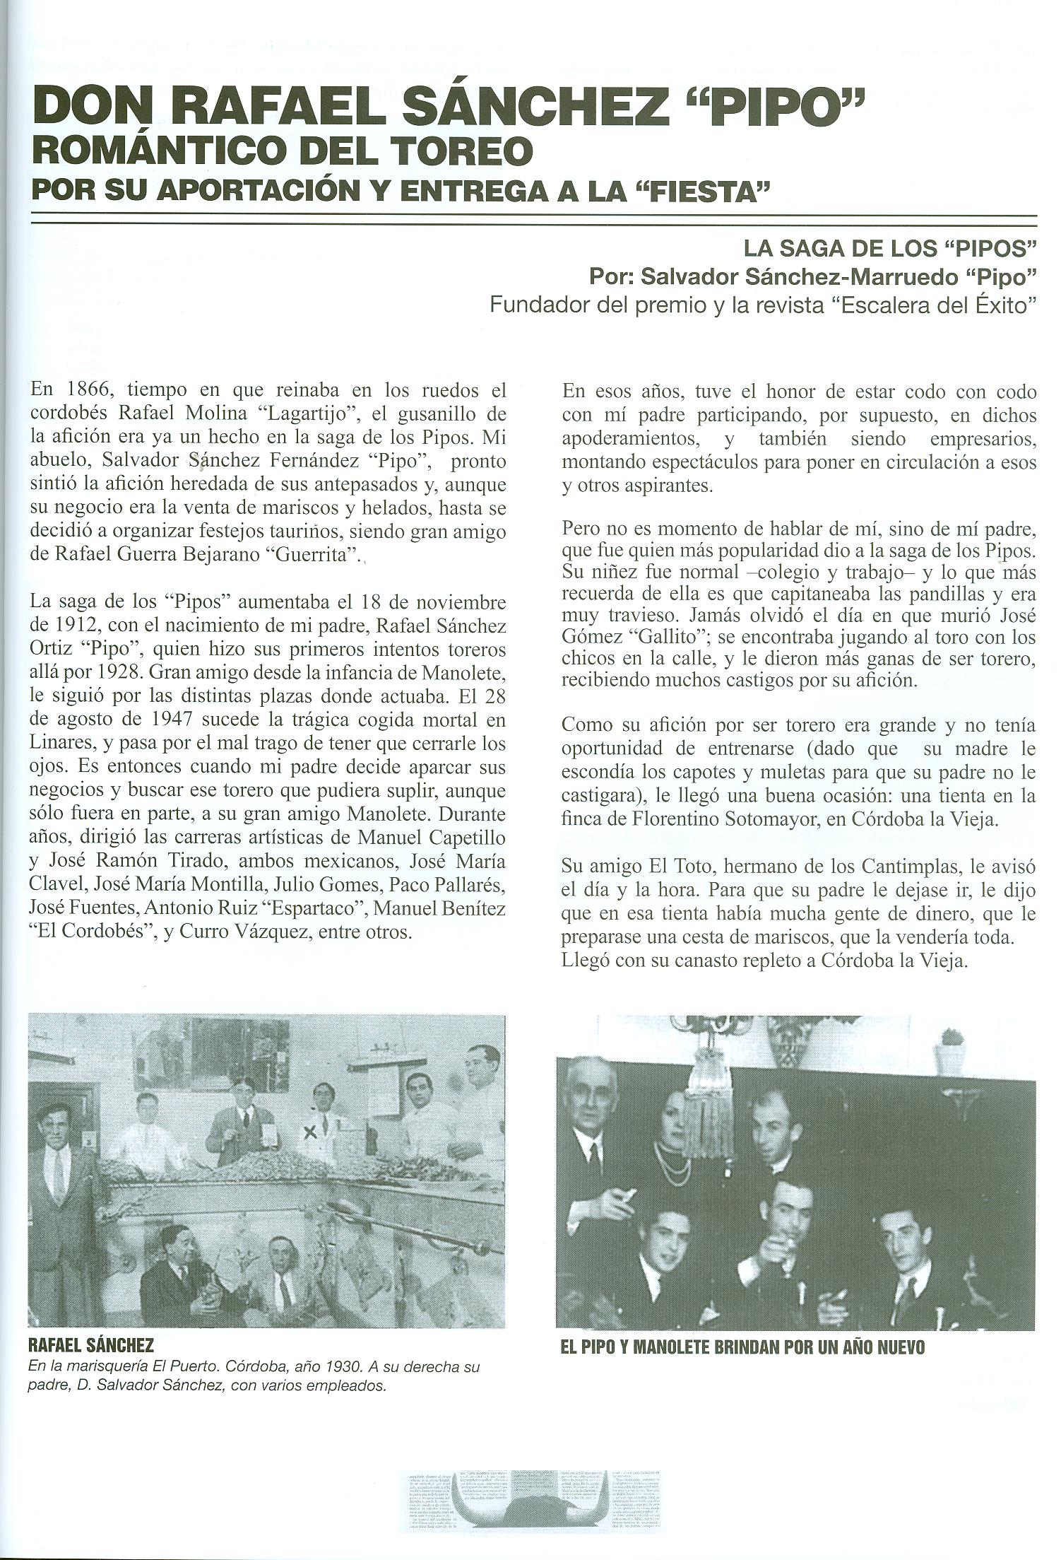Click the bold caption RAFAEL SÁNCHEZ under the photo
click(90, 1345)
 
